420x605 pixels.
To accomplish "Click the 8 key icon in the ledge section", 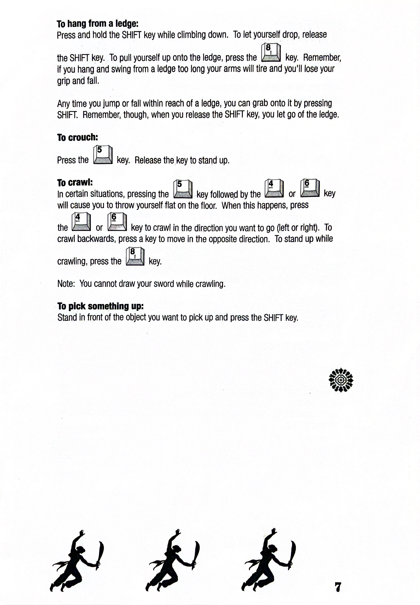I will [x=271, y=53].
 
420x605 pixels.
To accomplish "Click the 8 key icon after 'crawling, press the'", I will [x=135, y=256].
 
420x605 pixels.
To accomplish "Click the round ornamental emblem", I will [x=341, y=380].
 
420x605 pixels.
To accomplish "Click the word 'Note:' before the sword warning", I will [x=66, y=284].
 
